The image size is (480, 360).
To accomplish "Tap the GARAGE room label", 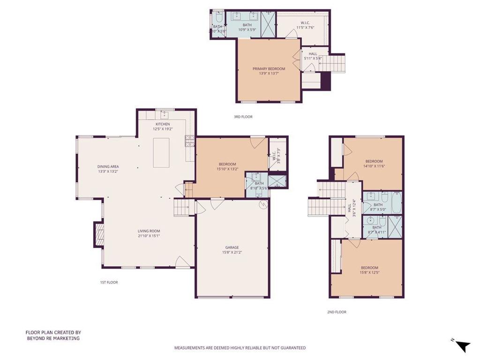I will pyautogui.click(x=232, y=247).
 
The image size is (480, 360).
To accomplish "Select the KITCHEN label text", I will pyautogui.click(x=157, y=124).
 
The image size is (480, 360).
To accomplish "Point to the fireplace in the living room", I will pyautogui.click(x=99, y=234).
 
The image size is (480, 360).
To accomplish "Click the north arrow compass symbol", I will pyautogui.click(x=462, y=346).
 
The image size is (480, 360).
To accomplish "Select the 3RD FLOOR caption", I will pyautogui.click(x=243, y=117).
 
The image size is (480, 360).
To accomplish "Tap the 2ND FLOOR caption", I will pyautogui.click(x=337, y=312).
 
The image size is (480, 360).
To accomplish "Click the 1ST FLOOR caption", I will pyautogui.click(x=109, y=282).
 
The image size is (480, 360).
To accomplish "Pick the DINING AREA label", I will pyautogui.click(x=108, y=166).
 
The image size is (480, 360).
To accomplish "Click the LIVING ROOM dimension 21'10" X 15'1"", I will pyautogui.click(x=149, y=236).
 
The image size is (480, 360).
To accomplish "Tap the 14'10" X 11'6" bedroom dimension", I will pyautogui.click(x=374, y=166).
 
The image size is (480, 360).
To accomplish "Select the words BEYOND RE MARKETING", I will pyautogui.click(x=52, y=338).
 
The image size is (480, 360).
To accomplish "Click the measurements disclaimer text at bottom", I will pyautogui.click(x=240, y=348).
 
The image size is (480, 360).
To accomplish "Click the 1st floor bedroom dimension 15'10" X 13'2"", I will pyautogui.click(x=227, y=169).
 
